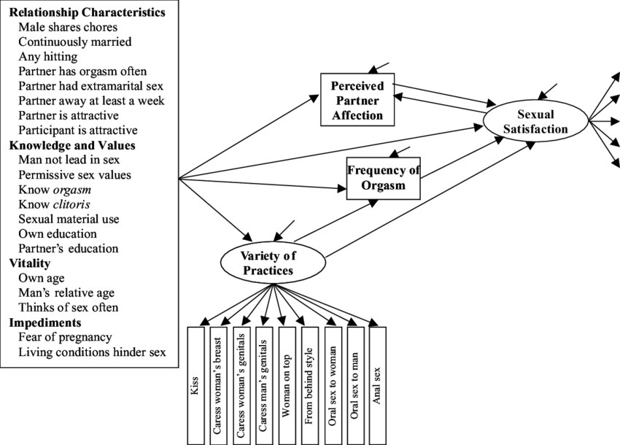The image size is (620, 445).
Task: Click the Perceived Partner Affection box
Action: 357,101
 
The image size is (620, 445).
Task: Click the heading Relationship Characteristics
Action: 87,12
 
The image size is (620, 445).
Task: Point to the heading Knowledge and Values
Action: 71,145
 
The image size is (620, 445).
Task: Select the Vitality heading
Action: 29,263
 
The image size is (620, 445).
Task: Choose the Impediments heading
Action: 44,322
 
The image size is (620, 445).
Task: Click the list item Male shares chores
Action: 68,27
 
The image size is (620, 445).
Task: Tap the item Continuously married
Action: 75,42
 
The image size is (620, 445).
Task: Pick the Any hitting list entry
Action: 48,57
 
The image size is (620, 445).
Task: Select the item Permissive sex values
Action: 75,175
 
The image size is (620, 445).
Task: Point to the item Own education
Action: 58,234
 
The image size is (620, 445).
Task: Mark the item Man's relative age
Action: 63,293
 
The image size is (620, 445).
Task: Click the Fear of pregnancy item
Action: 66,337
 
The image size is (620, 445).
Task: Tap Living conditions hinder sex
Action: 93,352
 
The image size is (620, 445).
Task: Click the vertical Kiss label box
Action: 195,385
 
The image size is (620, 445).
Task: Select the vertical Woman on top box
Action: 287,385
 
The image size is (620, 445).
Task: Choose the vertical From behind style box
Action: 309,385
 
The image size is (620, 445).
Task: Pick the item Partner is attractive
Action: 69,115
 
